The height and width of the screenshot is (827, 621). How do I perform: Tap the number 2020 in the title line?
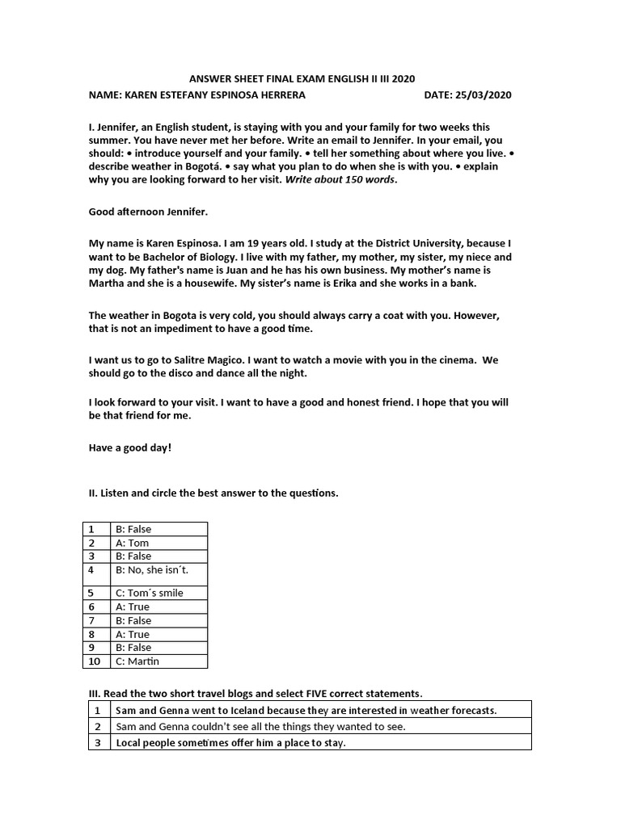pyautogui.click(x=402, y=78)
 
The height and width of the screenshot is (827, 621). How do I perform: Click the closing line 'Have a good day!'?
pyautogui.click(x=129, y=447)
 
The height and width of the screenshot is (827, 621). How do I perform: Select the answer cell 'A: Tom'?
pyautogui.click(x=133, y=543)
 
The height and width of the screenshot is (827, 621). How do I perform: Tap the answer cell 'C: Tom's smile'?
pyautogui.click(x=150, y=593)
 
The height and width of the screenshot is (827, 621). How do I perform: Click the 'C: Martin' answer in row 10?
pyautogui.click(x=138, y=661)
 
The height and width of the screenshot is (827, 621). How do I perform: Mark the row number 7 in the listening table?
pyautogui.click(x=92, y=620)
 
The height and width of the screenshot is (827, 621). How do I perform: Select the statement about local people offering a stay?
pyautogui.click(x=230, y=742)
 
